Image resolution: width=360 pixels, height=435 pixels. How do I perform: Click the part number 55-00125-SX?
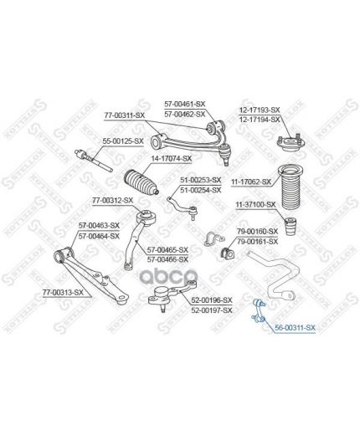point(123,141)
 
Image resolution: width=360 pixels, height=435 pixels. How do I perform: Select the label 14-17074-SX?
point(172,158)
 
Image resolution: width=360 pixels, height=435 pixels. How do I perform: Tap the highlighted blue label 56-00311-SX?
point(295,328)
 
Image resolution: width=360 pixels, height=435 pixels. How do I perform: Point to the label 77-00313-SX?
point(63,293)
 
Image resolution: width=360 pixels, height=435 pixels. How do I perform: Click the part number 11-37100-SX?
point(255,205)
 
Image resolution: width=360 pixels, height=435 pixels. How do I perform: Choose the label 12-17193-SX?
point(260,110)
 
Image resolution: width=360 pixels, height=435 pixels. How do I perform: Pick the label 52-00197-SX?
point(212,310)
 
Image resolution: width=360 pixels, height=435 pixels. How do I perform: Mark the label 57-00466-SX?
point(167,259)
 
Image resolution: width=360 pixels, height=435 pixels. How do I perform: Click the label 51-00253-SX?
point(200,180)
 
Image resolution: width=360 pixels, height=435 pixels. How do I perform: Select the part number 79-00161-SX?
point(258,242)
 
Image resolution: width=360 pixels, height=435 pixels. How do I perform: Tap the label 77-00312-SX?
point(113,200)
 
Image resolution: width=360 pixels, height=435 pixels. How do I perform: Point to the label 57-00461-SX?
point(185,104)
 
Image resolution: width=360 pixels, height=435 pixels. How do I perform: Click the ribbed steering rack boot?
point(141,182)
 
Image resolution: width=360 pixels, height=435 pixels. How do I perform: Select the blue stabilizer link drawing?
point(260,310)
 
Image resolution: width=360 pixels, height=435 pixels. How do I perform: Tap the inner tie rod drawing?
point(94,161)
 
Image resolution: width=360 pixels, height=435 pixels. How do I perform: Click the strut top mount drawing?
point(291,142)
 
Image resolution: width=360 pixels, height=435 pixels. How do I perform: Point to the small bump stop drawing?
point(291,226)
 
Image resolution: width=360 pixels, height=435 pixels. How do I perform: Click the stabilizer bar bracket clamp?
point(214,239)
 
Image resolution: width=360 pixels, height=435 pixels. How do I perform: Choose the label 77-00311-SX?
point(125,115)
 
